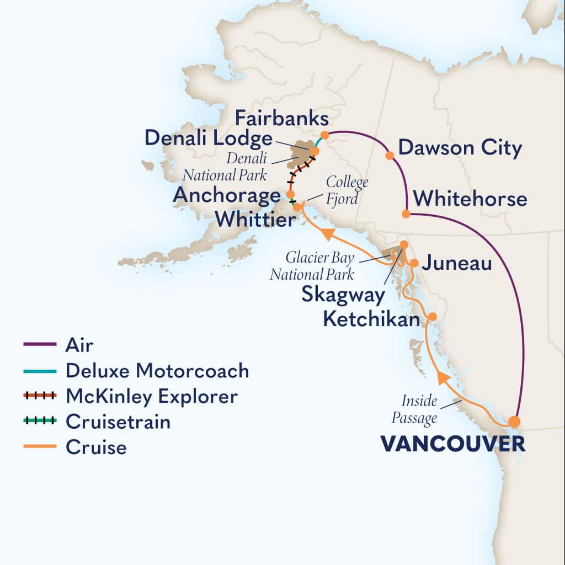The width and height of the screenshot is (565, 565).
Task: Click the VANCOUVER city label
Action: click(452, 444)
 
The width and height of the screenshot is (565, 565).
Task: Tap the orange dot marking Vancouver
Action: click(514, 422)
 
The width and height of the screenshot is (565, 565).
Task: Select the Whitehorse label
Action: click(470, 199)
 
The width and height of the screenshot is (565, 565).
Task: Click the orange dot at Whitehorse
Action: click(406, 214)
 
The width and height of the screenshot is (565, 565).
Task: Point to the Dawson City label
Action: click(460, 148)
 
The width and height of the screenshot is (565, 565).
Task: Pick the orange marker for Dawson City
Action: click(390, 156)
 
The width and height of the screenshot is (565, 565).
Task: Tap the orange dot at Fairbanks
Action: click(325, 135)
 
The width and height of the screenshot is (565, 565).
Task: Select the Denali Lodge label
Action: click(209, 138)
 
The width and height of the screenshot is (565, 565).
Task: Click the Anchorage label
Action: click(226, 195)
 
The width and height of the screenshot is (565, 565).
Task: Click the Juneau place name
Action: click(456, 263)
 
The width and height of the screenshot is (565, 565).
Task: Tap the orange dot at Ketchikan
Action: click(433, 317)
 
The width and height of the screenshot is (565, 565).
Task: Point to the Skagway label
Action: click(343, 295)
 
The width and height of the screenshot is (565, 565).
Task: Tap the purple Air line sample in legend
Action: click(40, 345)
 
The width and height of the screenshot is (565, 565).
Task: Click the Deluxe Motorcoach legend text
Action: click(157, 371)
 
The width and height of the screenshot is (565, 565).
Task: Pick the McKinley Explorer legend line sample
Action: click(40, 396)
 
